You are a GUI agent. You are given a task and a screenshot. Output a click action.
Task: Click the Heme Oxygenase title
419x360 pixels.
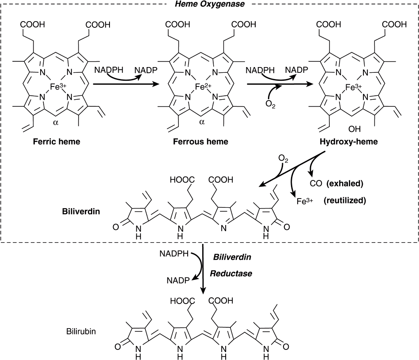tap(210, 4)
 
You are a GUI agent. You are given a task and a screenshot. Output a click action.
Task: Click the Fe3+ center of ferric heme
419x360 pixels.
tap(58, 87)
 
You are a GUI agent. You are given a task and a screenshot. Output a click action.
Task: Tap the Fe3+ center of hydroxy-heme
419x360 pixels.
tap(351, 87)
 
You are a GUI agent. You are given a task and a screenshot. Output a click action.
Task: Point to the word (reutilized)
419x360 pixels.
tap(344, 200)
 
